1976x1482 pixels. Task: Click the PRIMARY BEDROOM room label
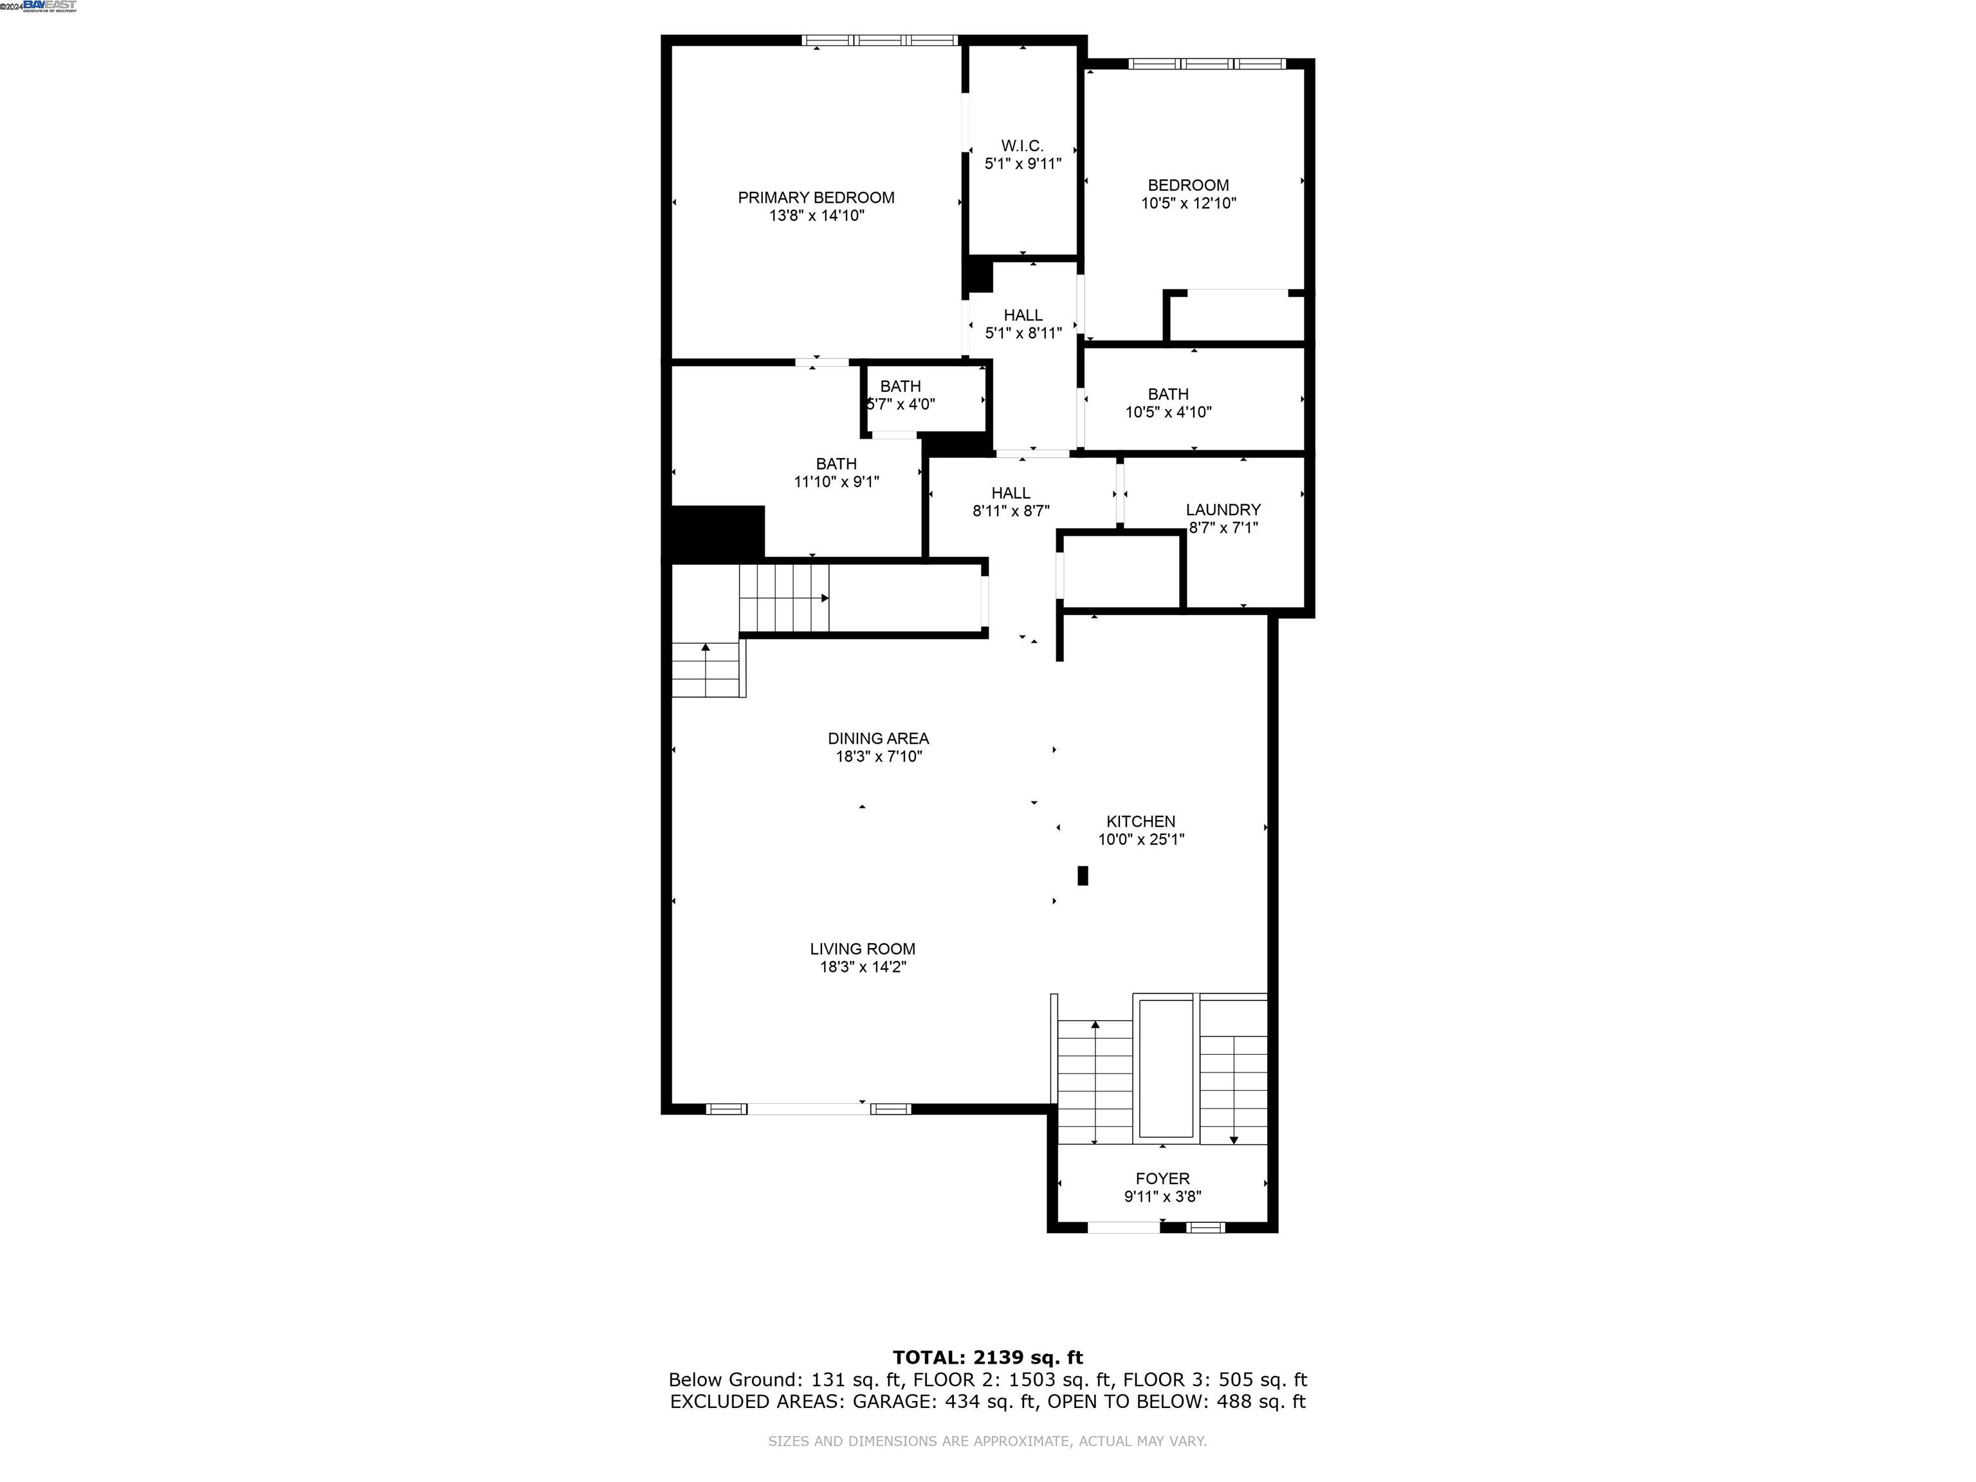(x=816, y=197)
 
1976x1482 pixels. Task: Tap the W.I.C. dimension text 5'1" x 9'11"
(x=1023, y=163)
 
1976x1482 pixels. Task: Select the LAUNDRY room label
(x=1223, y=509)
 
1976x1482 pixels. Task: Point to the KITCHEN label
(x=1140, y=821)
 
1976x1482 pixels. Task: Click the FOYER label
(x=1162, y=1178)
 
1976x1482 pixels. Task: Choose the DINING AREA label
(x=878, y=738)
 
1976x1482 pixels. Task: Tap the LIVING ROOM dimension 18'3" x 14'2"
(x=863, y=967)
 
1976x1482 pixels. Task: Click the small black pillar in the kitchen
(x=1083, y=875)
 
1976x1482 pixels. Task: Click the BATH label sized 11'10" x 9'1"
(x=836, y=464)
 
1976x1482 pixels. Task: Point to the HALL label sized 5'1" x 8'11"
(x=1023, y=315)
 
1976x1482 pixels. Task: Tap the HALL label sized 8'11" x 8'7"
(x=1011, y=493)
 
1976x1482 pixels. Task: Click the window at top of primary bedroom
(x=880, y=40)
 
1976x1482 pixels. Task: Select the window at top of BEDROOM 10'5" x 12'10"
(x=1207, y=64)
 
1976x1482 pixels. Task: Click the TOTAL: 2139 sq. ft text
(x=987, y=1358)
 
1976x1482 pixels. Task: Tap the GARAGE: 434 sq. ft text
(x=945, y=1401)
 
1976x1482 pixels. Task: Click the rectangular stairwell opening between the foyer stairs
(x=1165, y=1068)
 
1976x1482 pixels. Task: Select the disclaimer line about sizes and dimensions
(x=987, y=1441)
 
